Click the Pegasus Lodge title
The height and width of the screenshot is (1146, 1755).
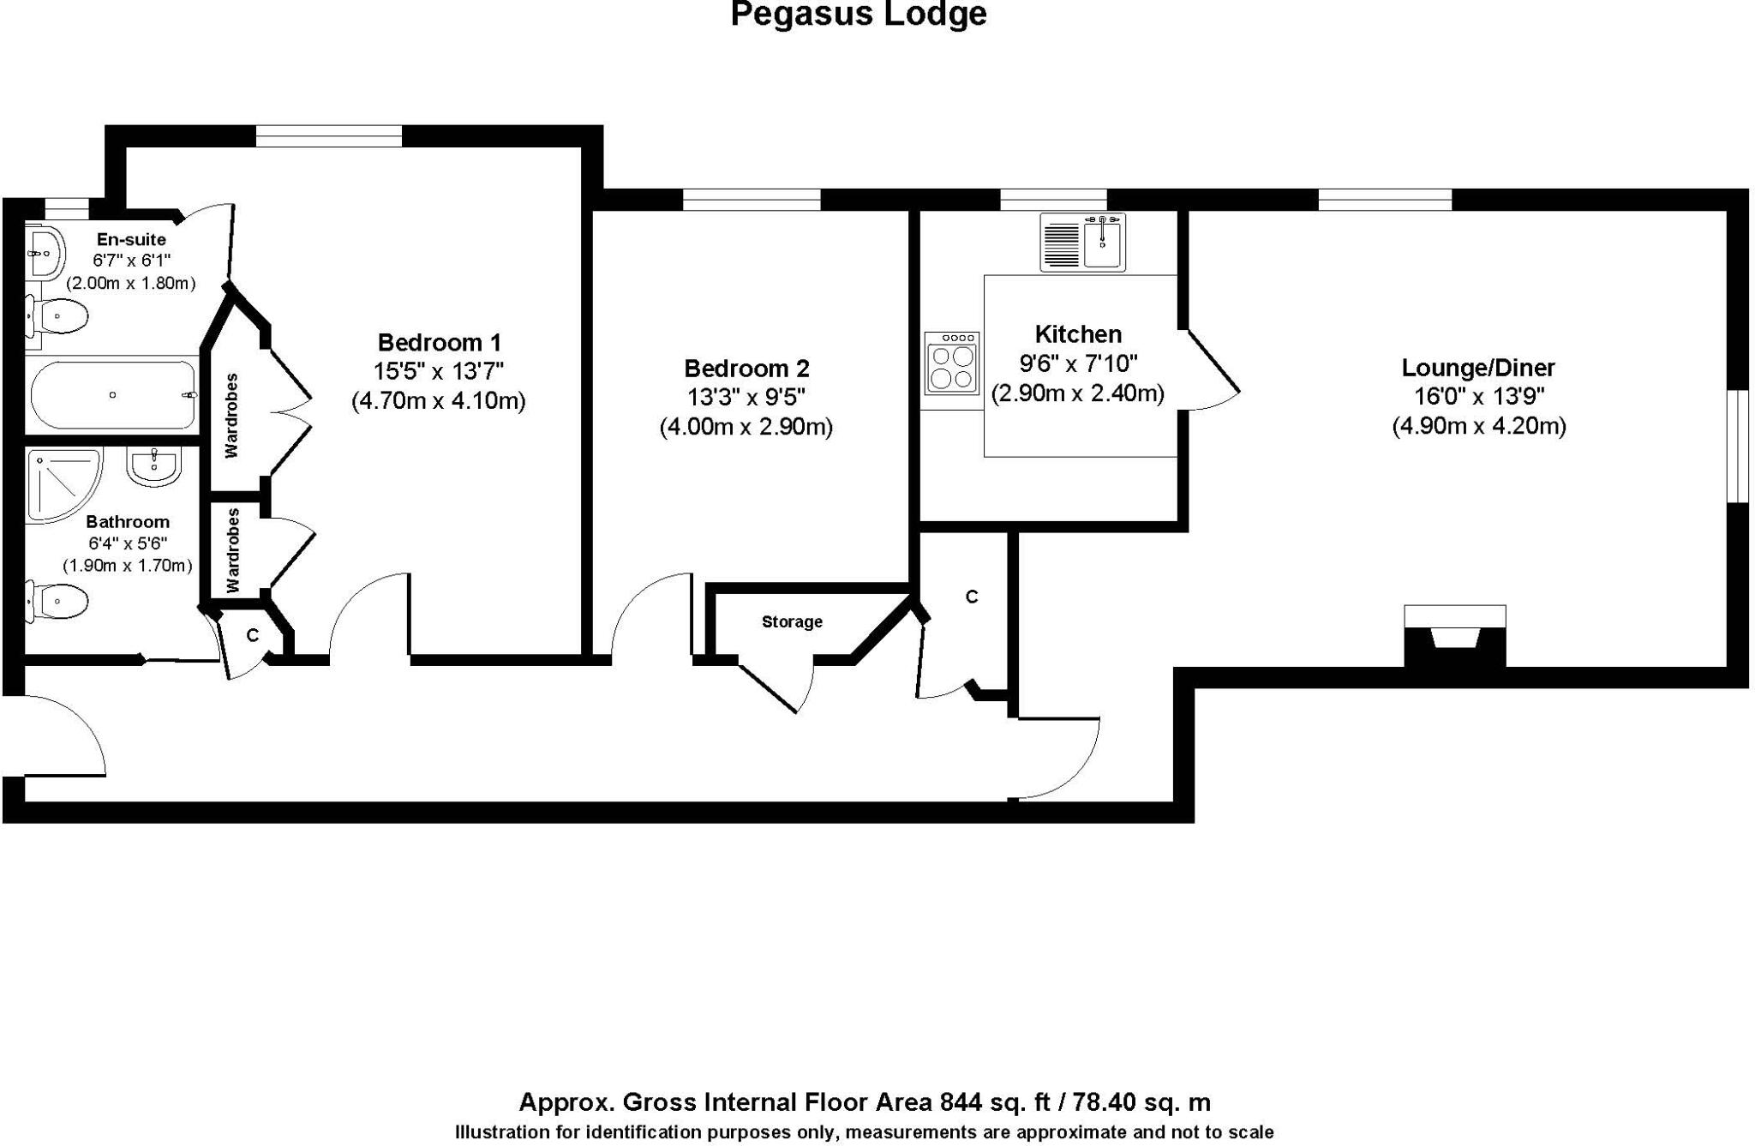coord(858,15)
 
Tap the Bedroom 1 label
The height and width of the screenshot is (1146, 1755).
coord(439,343)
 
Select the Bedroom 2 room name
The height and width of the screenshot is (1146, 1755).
coord(746,369)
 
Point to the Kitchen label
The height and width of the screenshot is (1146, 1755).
coord(1078,334)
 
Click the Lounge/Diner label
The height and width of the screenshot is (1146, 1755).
coord(1478,368)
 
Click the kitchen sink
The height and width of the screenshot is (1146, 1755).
coord(1104,242)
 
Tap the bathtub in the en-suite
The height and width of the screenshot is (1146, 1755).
coord(113,395)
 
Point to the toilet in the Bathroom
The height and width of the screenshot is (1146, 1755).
coord(58,601)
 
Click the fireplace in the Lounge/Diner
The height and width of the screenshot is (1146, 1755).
coord(1454,636)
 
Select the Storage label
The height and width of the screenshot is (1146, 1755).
coord(792,622)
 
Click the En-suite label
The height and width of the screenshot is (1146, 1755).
coord(131,239)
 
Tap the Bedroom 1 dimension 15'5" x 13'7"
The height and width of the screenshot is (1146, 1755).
coord(439,372)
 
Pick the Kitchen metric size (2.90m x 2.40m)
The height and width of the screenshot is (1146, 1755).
coord(1078,393)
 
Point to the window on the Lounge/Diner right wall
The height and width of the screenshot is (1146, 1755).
coord(1737,446)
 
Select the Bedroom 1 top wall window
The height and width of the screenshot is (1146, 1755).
coord(329,136)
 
